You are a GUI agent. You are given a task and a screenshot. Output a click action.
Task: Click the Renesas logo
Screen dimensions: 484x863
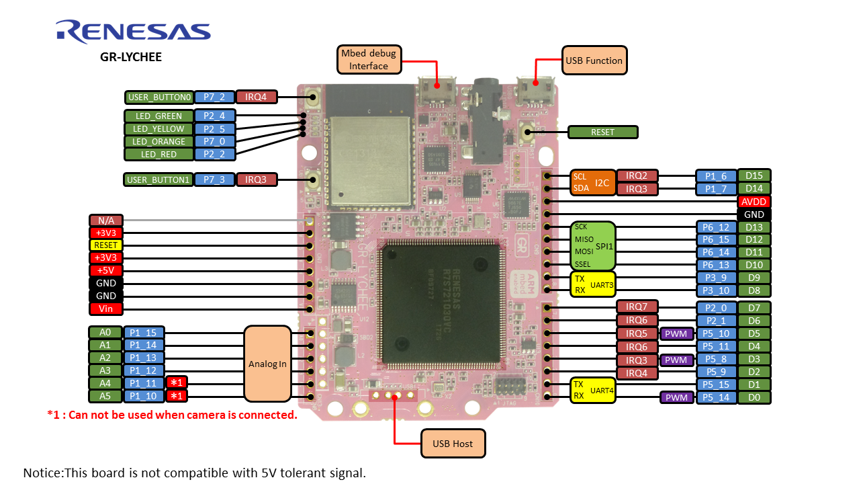[133, 32]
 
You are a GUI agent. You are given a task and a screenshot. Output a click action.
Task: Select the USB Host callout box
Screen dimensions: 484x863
[453, 444]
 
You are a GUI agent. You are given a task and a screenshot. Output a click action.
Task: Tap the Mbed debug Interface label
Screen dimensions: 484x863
[369, 60]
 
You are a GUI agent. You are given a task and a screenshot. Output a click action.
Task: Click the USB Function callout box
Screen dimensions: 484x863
[594, 61]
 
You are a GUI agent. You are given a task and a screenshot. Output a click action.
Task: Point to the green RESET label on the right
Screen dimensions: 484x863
[602, 132]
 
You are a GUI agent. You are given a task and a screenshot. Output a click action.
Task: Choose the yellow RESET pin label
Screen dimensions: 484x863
[106, 245]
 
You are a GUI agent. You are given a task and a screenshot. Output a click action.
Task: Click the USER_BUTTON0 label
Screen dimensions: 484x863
[159, 97]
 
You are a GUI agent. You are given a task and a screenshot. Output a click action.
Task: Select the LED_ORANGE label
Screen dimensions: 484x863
[159, 142]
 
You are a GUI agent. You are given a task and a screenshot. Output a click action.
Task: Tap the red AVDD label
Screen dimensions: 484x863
[754, 202]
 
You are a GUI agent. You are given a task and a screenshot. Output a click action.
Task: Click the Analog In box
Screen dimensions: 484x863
[267, 364]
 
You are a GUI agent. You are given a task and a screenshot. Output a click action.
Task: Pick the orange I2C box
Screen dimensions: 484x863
[592, 182]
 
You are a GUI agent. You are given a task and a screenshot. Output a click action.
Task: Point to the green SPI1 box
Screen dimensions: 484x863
[592, 246]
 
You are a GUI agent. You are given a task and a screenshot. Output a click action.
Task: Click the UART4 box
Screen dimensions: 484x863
[592, 390]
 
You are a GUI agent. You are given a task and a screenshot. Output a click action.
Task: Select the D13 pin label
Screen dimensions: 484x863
[754, 227]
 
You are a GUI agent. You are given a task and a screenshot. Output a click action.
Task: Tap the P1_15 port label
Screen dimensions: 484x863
[143, 333]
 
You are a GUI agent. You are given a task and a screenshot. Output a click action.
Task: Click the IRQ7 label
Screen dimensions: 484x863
[637, 307]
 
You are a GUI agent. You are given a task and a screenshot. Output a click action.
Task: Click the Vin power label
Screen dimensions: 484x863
[106, 309]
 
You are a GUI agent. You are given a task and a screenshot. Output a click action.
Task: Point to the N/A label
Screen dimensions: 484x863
[106, 220]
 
